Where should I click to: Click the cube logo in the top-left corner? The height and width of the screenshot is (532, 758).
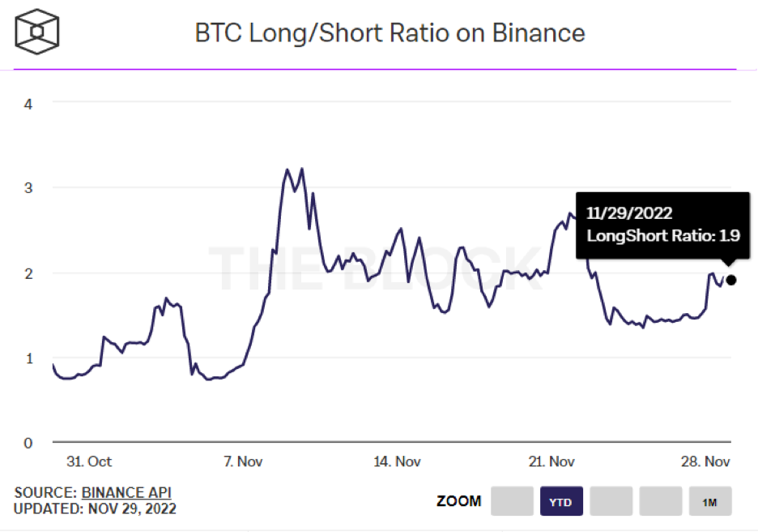coord(37,32)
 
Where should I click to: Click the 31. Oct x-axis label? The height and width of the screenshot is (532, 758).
coord(90,461)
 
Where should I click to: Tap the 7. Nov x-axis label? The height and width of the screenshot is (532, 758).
coord(242,461)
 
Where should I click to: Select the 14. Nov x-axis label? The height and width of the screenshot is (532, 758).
coord(397,461)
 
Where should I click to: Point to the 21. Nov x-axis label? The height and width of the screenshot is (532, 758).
coord(551,461)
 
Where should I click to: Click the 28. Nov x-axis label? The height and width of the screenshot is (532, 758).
coord(706,461)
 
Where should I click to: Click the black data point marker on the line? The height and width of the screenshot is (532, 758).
coord(731,281)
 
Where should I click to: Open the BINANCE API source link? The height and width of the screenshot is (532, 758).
coord(126,492)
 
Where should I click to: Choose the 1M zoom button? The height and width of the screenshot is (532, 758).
coord(710,502)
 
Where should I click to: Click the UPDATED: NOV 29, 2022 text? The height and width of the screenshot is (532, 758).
coord(95,509)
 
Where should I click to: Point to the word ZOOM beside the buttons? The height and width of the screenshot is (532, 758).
coord(459,501)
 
